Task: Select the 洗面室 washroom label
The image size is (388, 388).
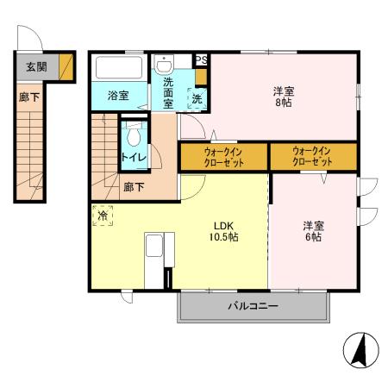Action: [x=165, y=95]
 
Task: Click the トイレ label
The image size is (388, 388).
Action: [x=132, y=157]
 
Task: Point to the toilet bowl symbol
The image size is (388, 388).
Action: [x=134, y=135]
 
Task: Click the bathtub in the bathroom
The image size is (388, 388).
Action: [x=120, y=68]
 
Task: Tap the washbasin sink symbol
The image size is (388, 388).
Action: [x=165, y=65]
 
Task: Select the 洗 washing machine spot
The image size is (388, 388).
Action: [x=197, y=98]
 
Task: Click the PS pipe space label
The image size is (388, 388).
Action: [x=201, y=59]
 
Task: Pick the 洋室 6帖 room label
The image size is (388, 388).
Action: [x=311, y=231]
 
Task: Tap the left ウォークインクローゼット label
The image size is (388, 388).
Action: [x=223, y=157]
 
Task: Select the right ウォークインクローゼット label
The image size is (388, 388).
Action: [x=312, y=157]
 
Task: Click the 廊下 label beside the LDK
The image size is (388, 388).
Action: [x=134, y=186]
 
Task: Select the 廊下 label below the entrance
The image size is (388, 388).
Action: [x=29, y=97]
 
